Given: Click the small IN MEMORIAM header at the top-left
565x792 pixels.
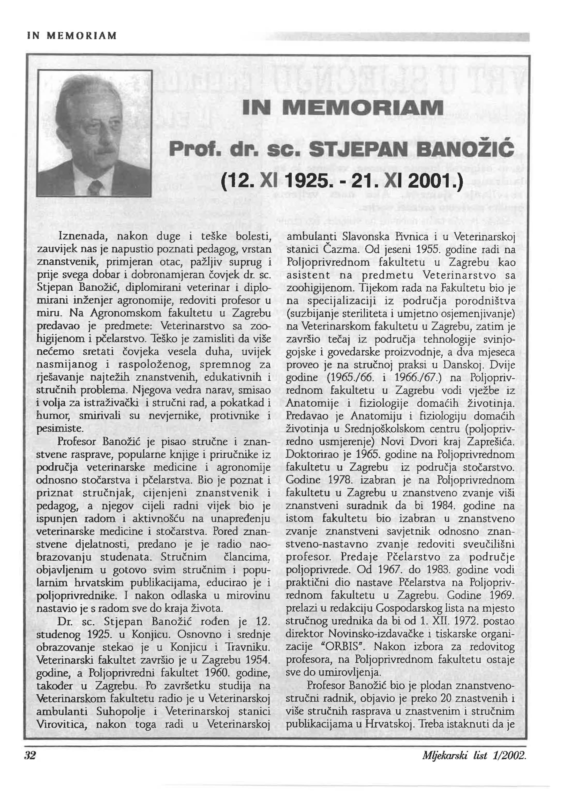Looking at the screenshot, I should point(72,36).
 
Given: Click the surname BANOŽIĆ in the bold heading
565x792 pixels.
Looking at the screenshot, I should point(463,150).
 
